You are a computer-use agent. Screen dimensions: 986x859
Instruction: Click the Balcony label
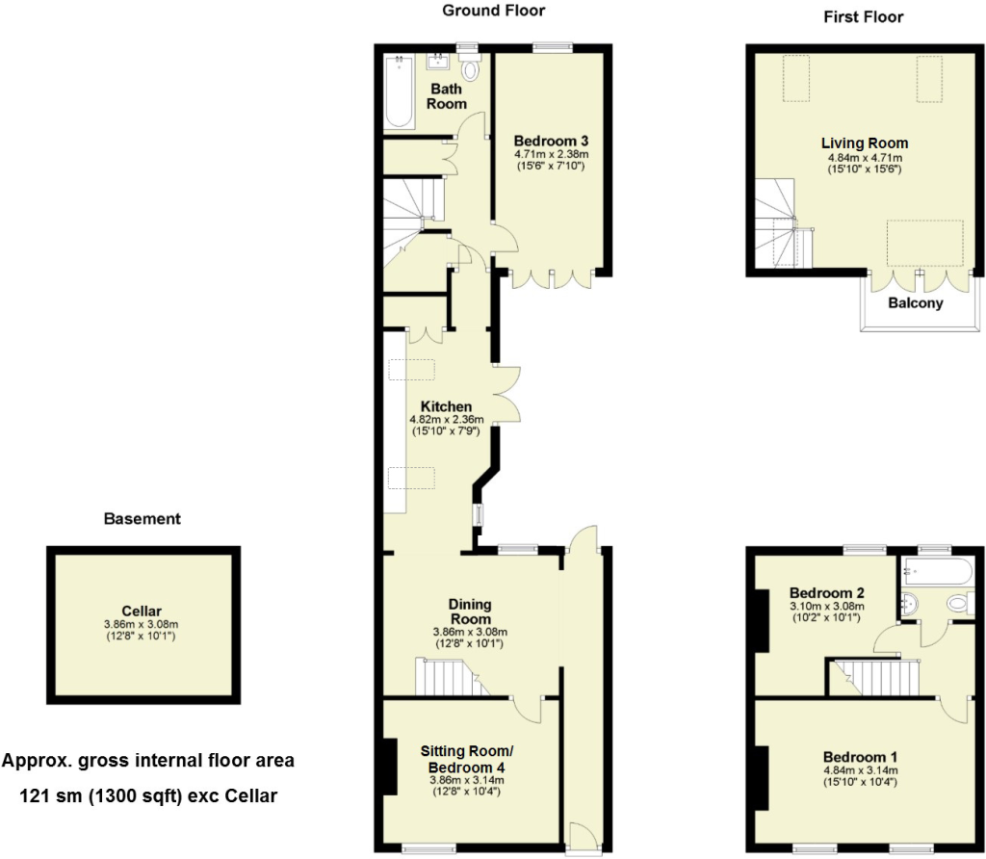click(x=915, y=303)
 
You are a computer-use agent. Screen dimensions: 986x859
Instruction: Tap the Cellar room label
click(x=142, y=611)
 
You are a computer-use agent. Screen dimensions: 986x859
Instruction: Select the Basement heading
click(x=143, y=519)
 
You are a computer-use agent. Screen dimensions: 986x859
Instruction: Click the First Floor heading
click(x=864, y=17)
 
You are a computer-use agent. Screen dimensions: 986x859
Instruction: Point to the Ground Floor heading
click(x=494, y=10)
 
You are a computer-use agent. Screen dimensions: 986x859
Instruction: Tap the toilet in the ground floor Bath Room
click(x=470, y=68)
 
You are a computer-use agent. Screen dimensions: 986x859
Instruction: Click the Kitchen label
click(x=446, y=406)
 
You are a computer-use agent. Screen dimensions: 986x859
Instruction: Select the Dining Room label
click(x=470, y=612)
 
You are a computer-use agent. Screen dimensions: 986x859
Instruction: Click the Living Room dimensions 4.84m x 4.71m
click(x=865, y=158)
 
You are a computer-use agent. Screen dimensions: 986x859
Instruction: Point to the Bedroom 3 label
click(x=551, y=141)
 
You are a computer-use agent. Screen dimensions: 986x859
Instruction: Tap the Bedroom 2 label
click(x=827, y=592)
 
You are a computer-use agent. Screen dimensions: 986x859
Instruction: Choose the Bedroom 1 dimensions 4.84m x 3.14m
click(x=860, y=770)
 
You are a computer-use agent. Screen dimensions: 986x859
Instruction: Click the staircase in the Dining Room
click(x=452, y=677)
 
